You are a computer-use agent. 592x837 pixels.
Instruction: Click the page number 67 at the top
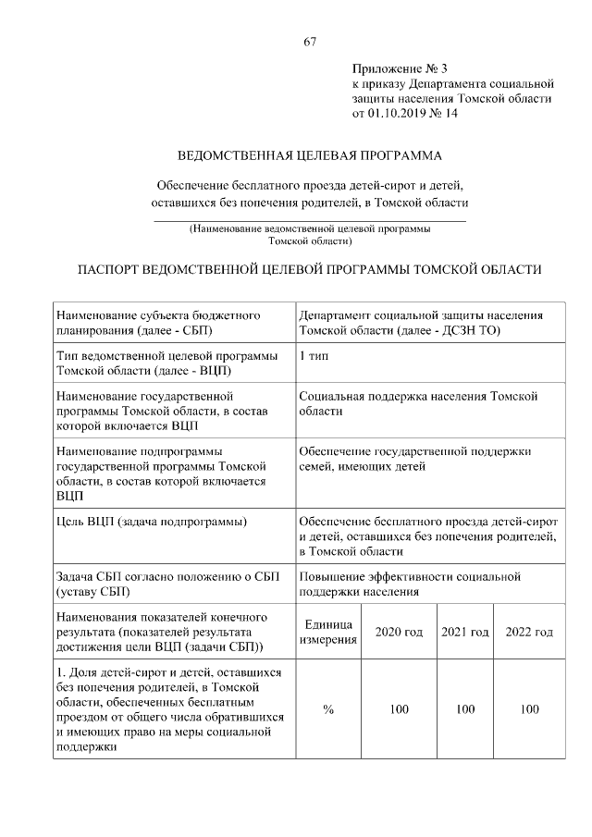point(310,42)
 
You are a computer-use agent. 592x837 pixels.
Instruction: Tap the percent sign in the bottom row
point(327,709)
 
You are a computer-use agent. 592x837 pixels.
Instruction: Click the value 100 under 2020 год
point(398,709)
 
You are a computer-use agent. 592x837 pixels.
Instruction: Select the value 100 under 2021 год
point(464,709)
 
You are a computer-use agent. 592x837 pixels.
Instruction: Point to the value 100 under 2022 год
point(529,709)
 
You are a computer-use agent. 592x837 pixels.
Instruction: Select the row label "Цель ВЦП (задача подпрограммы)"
point(151,523)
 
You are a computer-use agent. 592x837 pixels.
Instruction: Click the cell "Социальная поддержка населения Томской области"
point(418,403)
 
